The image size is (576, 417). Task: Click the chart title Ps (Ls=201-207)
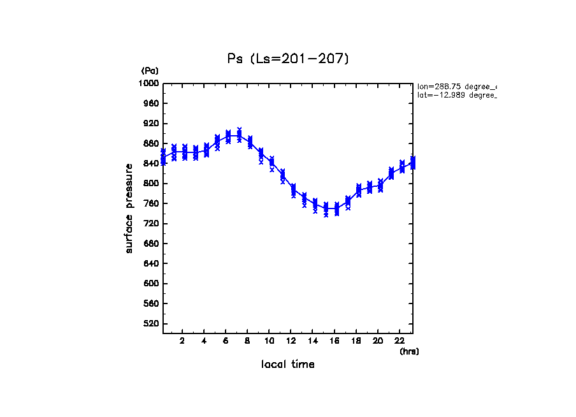288,59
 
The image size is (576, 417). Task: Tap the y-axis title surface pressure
129,208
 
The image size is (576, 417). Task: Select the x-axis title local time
287,365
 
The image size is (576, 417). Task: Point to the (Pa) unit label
150,71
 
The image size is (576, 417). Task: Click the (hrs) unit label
409,351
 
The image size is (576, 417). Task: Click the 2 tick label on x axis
182,340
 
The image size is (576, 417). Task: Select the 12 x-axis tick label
291,340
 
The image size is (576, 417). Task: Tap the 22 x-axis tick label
400,340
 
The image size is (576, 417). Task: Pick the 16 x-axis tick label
335,340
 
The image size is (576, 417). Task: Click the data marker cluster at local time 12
293,190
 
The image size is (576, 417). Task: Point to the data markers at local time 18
359,190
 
